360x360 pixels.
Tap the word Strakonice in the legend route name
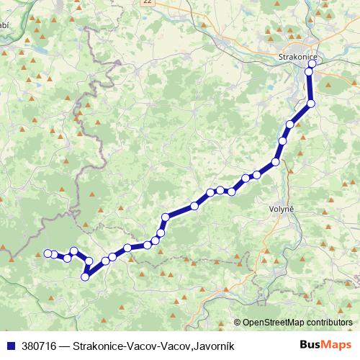click(x=101, y=346)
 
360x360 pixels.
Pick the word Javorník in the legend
click(x=213, y=346)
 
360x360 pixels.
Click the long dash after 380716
click(x=67, y=346)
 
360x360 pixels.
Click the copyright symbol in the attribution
click(x=238, y=323)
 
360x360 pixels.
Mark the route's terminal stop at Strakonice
click(x=312, y=63)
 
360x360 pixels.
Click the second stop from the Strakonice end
click(x=310, y=71)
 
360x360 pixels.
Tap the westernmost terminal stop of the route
click(x=48, y=253)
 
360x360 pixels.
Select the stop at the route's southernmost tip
click(x=86, y=276)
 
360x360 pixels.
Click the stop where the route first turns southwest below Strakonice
click(x=311, y=104)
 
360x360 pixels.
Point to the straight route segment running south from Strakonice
click(x=311, y=87)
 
